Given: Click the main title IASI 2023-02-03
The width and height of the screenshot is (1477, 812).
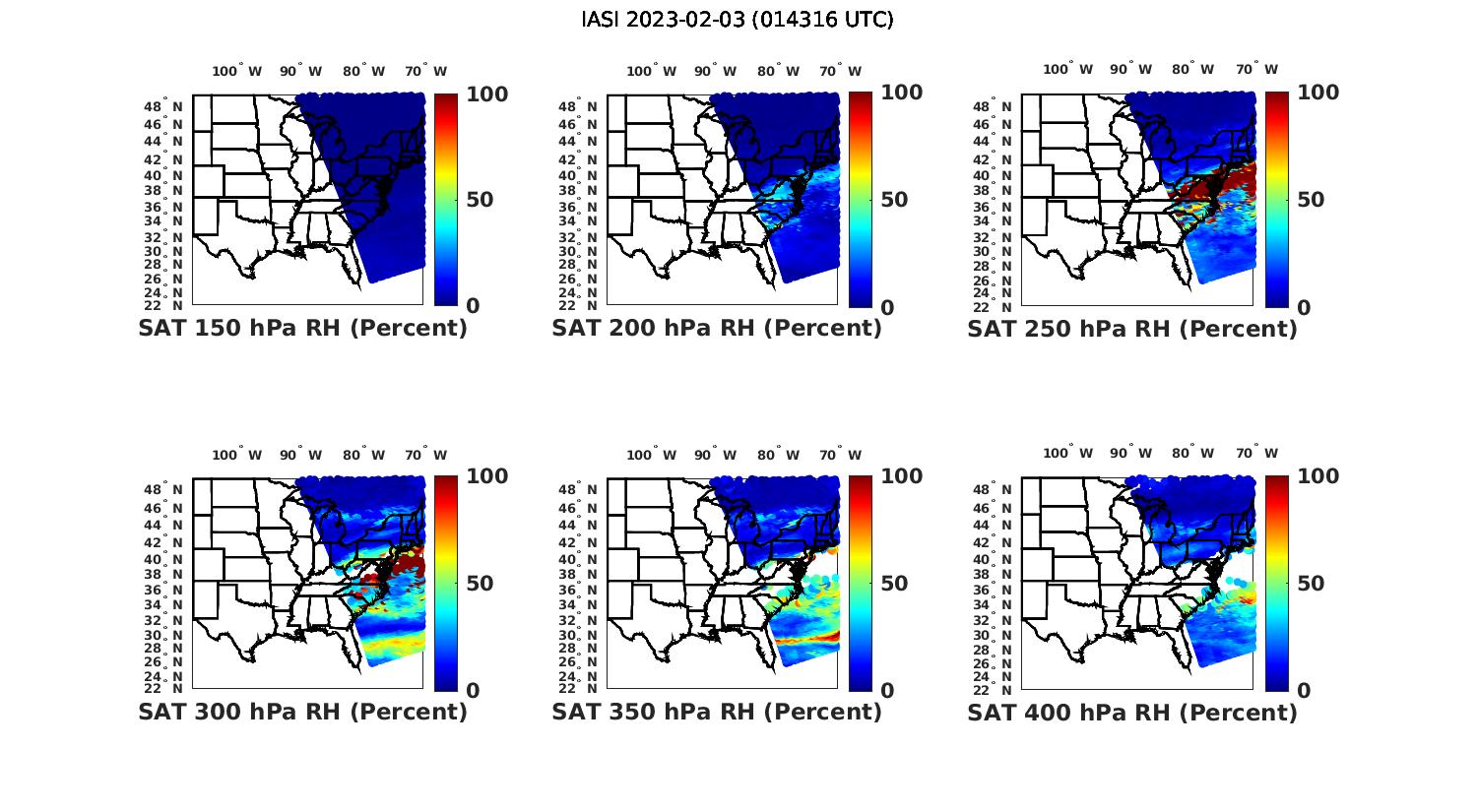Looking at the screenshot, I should point(738,20).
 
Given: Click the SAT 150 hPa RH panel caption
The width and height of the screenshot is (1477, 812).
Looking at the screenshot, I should point(302,329).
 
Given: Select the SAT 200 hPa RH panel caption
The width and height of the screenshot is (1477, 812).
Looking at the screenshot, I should point(717,329).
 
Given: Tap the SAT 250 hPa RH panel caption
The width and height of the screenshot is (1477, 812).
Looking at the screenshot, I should point(1132,329).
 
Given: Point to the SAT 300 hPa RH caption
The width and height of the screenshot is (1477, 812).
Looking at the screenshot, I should point(302,712).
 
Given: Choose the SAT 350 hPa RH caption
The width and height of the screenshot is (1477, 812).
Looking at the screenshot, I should point(717,712).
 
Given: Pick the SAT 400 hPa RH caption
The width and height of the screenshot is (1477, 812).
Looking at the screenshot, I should point(1132,712).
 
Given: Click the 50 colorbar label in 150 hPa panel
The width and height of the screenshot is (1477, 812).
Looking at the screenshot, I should point(480,200).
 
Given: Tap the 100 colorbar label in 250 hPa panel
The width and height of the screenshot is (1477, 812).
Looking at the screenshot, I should point(1317,93).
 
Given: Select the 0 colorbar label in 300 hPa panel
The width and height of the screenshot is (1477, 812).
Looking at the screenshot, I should point(473,691).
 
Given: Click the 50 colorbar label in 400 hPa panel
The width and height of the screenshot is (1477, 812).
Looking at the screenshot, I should point(1311,584).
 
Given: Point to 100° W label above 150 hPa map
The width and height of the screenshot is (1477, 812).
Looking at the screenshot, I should point(237,71).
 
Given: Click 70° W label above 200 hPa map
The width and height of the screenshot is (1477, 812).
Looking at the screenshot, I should point(840,71).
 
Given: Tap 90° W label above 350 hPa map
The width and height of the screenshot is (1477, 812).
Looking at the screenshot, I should point(715,455).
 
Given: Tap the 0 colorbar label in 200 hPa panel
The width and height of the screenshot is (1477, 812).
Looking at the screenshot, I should point(887,307).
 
